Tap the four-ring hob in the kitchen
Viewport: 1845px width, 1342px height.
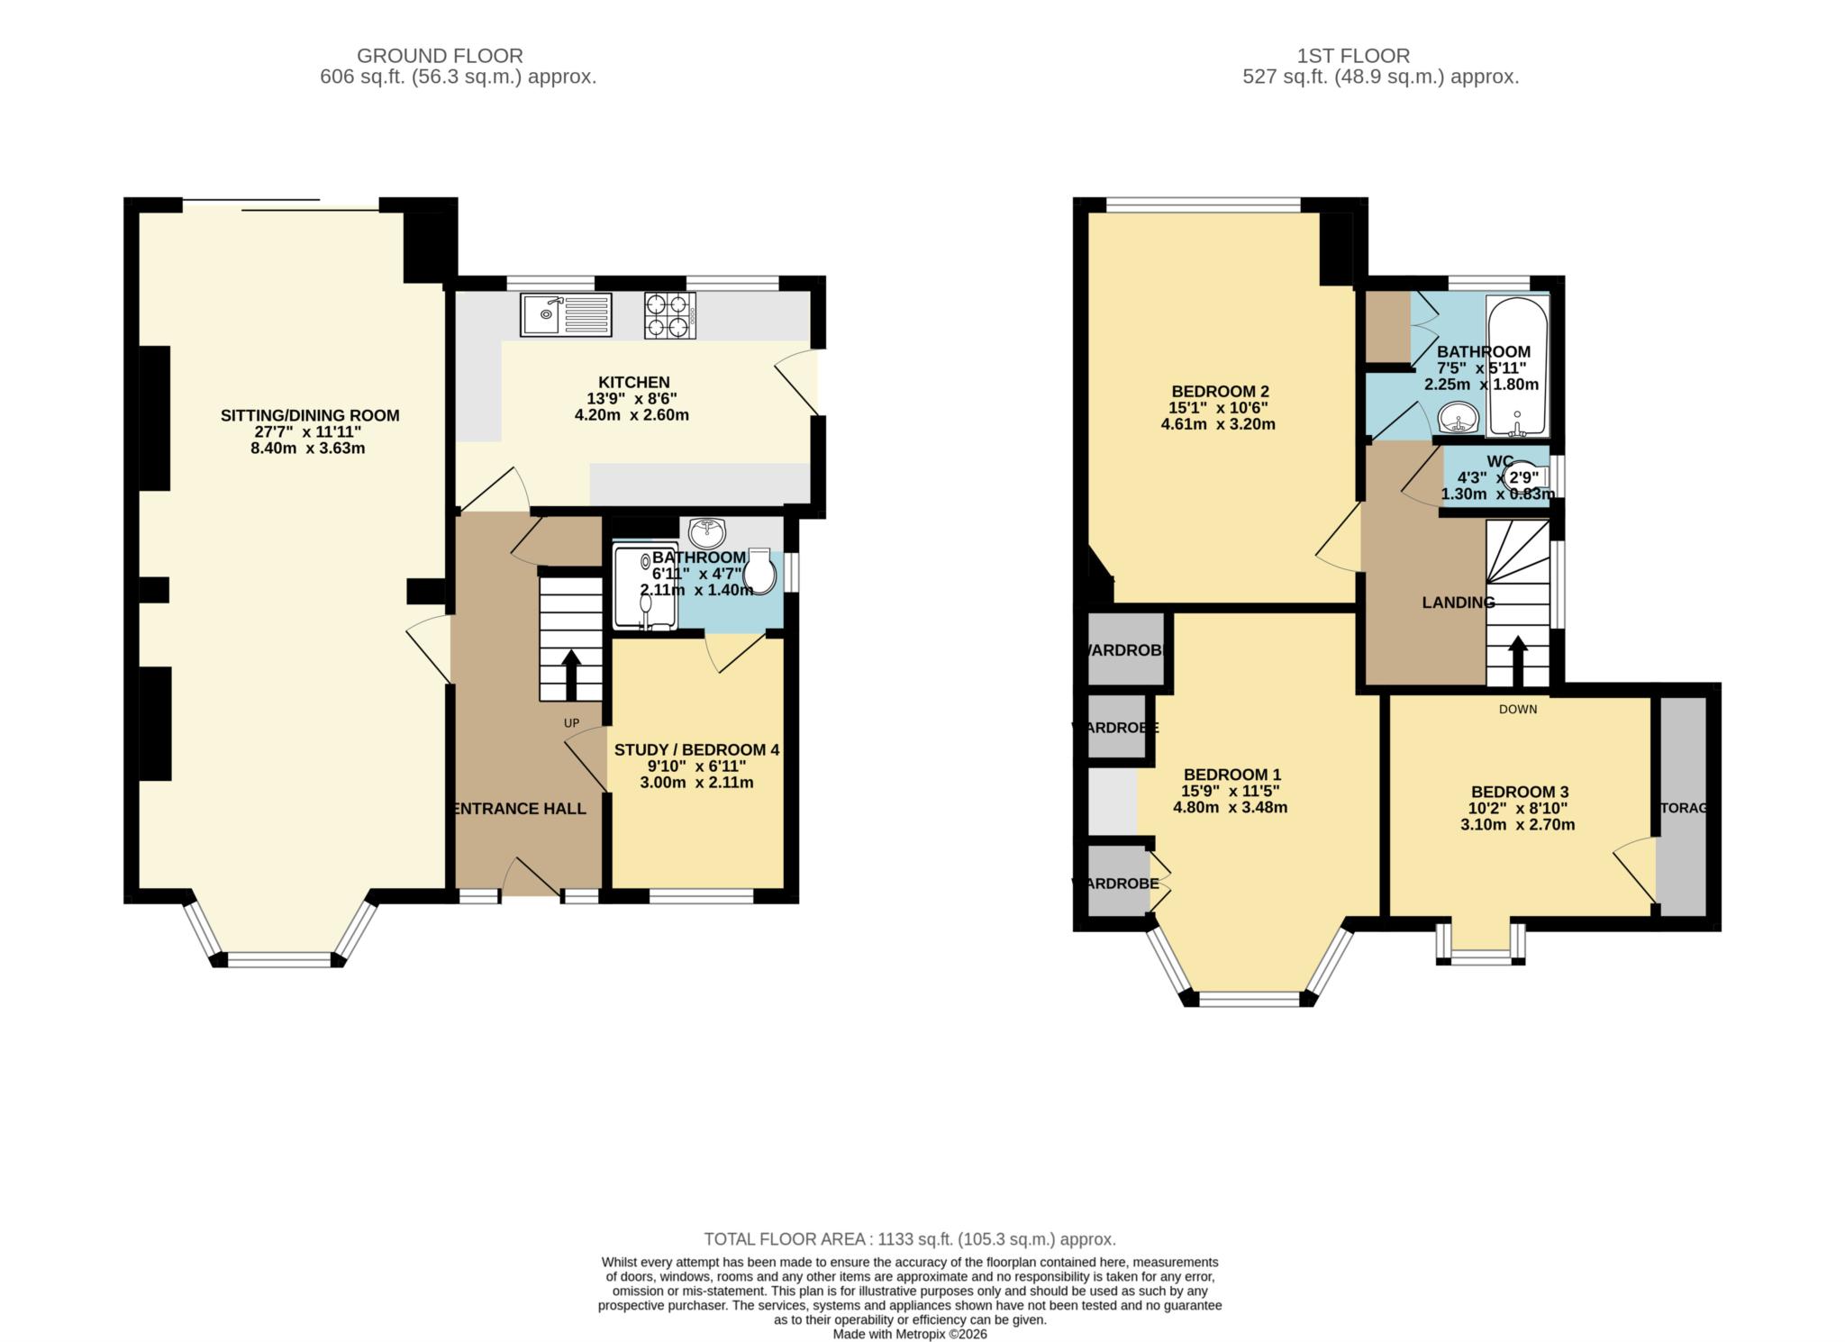pos(670,315)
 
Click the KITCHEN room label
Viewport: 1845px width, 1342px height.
pos(634,382)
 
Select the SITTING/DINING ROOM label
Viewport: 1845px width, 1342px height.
pos(310,415)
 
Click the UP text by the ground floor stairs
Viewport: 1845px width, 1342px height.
pos(571,723)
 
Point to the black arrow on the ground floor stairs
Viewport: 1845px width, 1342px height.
pos(571,674)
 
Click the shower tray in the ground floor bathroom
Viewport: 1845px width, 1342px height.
pos(644,585)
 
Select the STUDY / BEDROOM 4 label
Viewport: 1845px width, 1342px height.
pos(696,750)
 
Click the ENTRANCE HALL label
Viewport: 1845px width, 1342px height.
pos(520,809)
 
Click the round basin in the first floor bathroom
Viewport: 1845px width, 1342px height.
pos(1457,419)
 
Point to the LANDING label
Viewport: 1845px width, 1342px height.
pos(1458,603)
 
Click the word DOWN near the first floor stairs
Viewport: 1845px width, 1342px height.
pos(1518,709)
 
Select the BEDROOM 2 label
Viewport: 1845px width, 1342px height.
pos(1220,392)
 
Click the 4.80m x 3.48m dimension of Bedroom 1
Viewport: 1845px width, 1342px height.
pos(1230,808)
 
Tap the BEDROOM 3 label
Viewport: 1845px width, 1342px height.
pos(1520,793)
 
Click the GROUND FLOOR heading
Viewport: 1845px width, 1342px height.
pos(440,56)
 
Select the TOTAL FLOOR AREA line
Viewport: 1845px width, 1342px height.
pos(910,1239)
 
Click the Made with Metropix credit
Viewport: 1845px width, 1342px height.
pos(910,1334)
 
